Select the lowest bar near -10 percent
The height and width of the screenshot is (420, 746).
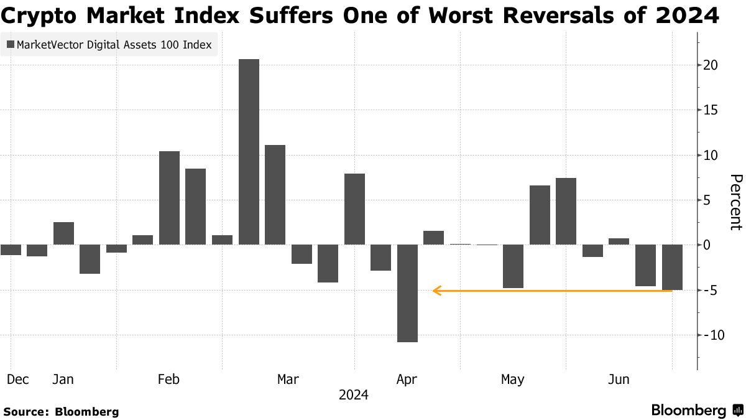point(407,293)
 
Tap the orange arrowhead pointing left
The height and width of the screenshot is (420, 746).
point(437,291)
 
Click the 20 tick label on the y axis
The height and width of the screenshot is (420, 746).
point(711,65)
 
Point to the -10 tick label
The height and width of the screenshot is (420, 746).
point(709,335)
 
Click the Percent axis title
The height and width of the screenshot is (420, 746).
point(735,202)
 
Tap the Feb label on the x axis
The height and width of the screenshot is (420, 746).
point(169,380)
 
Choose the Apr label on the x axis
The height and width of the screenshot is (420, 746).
point(406,380)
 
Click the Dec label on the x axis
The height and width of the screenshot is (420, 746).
point(18,380)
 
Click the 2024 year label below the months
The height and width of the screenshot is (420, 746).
point(353,395)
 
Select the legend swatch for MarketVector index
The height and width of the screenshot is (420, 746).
point(10,45)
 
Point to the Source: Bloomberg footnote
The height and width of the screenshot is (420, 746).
point(61,411)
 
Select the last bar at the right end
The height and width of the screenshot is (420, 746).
point(672,267)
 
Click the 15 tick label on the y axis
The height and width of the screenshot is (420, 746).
point(711,110)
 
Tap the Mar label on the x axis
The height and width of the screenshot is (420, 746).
point(288,380)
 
